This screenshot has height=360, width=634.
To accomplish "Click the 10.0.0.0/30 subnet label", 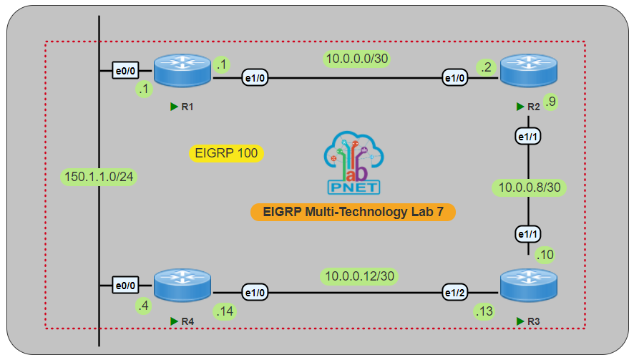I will tap(356, 58).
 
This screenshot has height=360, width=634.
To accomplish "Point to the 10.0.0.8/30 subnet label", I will tap(527, 188).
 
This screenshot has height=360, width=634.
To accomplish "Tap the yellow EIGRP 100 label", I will tap(226, 152).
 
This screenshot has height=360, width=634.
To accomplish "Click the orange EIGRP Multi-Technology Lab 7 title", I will tap(353, 212).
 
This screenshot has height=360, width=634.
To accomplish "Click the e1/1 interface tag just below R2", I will tap(527, 135).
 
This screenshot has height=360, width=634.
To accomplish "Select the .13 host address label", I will tap(484, 311).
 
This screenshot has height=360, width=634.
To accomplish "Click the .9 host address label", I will tap(550, 102).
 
